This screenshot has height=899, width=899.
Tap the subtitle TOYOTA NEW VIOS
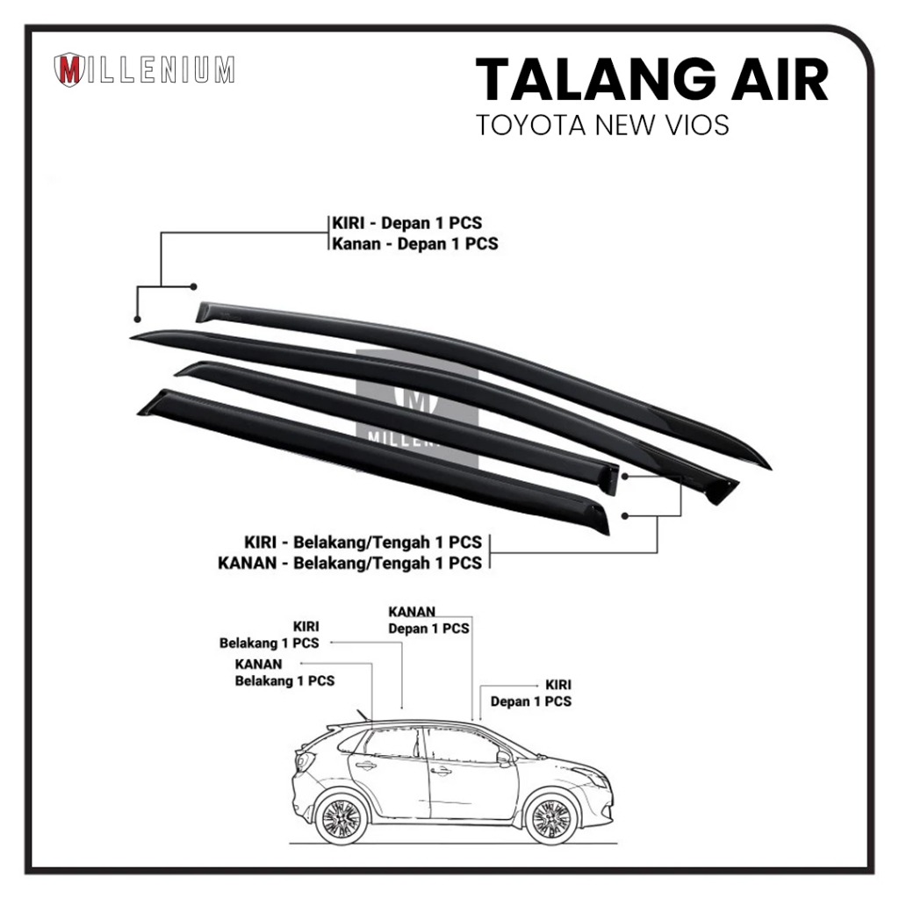(x=602, y=125)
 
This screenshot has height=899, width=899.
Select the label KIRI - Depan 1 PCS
(x=406, y=223)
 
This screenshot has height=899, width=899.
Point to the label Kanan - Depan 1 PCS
(x=414, y=243)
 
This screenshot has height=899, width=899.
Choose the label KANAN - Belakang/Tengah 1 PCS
(x=349, y=562)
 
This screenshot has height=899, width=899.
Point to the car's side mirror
(x=505, y=758)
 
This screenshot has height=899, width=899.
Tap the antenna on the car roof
(x=362, y=714)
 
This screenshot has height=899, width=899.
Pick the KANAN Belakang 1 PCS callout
(x=284, y=672)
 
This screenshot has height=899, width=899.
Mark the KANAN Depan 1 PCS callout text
(x=428, y=620)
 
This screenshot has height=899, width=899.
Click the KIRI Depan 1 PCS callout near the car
(x=531, y=693)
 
